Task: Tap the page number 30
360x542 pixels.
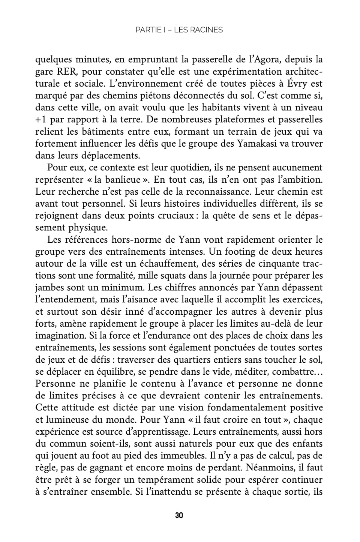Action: (x=179, y=515)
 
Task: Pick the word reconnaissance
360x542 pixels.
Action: (x=213, y=192)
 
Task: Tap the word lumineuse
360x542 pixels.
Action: (x=64, y=420)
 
